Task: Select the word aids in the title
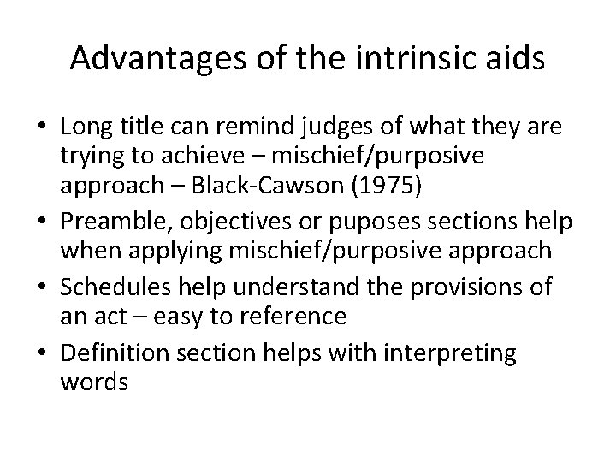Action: [x=515, y=58]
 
